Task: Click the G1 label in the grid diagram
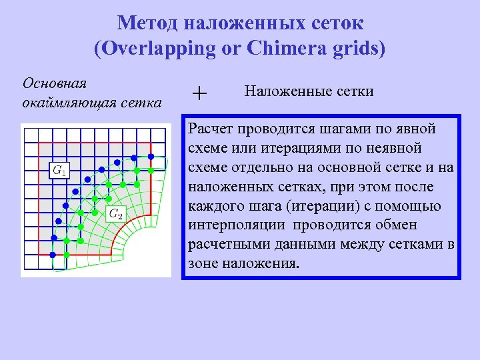tap(60, 171)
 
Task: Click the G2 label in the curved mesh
tap(116, 214)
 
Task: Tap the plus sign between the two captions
tap(199, 94)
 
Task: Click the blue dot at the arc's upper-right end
tap(151, 157)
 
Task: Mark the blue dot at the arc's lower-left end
tap(53, 238)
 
